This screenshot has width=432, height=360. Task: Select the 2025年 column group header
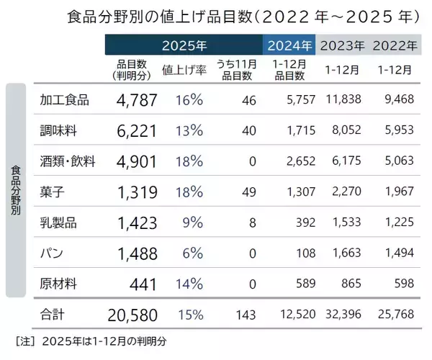pyautogui.click(x=184, y=45)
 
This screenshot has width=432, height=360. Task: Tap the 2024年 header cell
pyautogui.click(x=289, y=45)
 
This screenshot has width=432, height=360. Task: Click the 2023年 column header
pyautogui.click(x=342, y=45)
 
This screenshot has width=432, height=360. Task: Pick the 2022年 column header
pyautogui.click(x=395, y=45)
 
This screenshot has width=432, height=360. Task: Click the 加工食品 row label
pyautogui.click(x=65, y=100)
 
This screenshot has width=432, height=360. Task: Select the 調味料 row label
pyautogui.click(x=58, y=130)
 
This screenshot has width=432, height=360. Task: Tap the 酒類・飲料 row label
pyautogui.click(x=69, y=160)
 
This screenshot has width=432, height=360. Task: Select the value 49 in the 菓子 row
pyautogui.click(x=249, y=192)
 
